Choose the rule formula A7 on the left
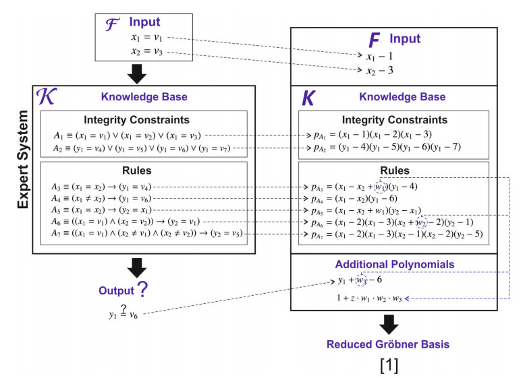pos(146,234)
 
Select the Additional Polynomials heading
pos(393,263)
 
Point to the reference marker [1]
pos(390,366)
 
